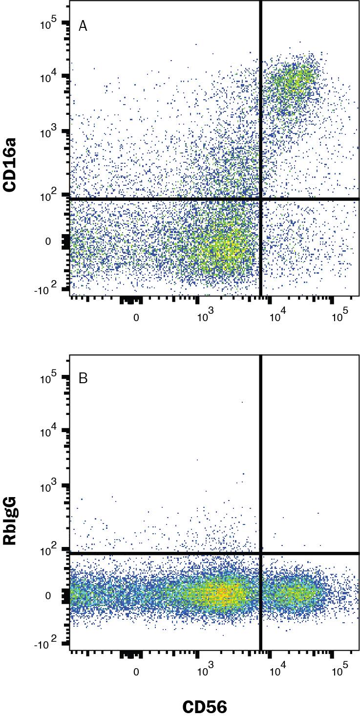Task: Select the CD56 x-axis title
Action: (x=205, y=706)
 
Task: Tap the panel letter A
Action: (x=83, y=26)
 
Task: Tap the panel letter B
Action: (x=83, y=379)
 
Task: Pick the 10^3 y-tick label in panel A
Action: (x=49, y=133)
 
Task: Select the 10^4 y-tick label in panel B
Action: (x=49, y=432)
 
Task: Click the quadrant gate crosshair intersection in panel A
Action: (x=261, y=199)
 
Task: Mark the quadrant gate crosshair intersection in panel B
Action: (x=261, y=553)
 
